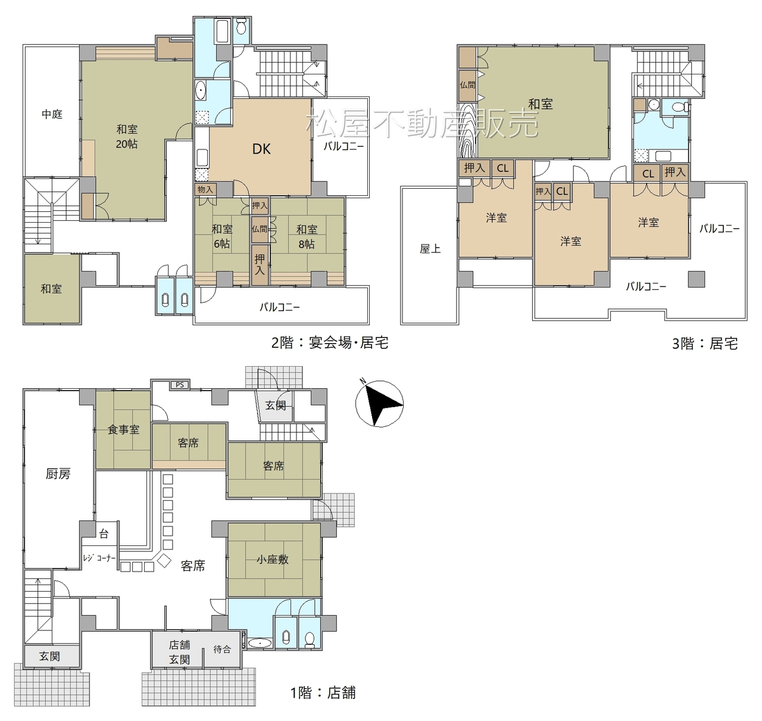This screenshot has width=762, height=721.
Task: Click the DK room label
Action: tap(261, 149)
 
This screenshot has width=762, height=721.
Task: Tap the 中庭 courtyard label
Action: tap(52, 114)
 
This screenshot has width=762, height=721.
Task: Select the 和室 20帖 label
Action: tap(127, 136)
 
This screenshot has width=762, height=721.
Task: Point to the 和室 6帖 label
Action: tap(221, 236)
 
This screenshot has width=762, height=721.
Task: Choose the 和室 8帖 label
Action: tap(307, 236)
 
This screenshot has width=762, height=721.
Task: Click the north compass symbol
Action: tap(379, 404)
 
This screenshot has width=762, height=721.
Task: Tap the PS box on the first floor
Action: tap(180, 385)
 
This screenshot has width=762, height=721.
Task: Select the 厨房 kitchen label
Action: tap(58, 474)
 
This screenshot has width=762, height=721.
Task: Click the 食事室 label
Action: tap(123, 429)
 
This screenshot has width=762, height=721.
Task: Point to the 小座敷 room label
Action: tap(273, 560)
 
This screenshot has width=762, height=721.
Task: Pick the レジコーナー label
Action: tap(99, 558)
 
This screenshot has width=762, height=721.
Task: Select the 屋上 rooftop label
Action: tap(430, 248)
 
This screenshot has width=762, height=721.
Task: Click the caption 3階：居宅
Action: tap(705, 344)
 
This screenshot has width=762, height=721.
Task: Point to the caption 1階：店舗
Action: tap(323, 692)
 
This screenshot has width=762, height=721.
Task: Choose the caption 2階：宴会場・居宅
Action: tap(330, 343)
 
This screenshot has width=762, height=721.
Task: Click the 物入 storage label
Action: tap(205, 189)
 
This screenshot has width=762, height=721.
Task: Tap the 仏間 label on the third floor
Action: tap(467, 85)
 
